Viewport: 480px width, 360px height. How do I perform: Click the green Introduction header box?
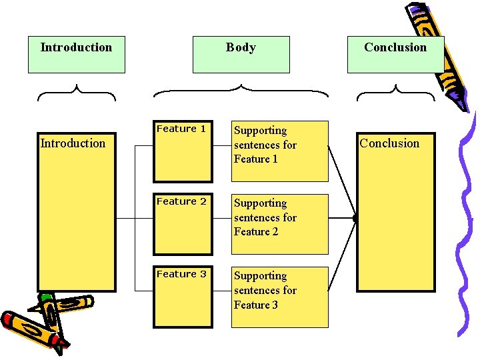point(76,54)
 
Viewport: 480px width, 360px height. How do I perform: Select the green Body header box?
point(241,54)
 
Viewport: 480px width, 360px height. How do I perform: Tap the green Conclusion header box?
point(395,54)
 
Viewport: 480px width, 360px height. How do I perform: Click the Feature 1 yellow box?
point(183,151)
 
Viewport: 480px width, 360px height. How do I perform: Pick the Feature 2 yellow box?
point(183,224)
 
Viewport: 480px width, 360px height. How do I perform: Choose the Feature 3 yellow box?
point(183,297)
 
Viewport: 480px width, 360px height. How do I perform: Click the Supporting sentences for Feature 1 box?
point(279,151)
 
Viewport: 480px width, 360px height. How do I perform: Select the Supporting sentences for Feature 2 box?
point(279,224)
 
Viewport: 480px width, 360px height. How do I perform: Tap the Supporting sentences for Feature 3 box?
point(279,297)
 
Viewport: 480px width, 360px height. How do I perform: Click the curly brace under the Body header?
point(241,91)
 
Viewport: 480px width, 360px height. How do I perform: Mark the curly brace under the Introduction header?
point(77,92)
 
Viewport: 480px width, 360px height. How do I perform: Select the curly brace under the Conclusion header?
point(395,92)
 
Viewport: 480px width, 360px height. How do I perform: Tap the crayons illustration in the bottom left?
point(43,320)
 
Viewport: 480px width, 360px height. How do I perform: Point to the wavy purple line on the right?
point(467,227)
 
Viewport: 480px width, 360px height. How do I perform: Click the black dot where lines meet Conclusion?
point(355,218)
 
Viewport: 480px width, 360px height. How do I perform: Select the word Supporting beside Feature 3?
point(260,276)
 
